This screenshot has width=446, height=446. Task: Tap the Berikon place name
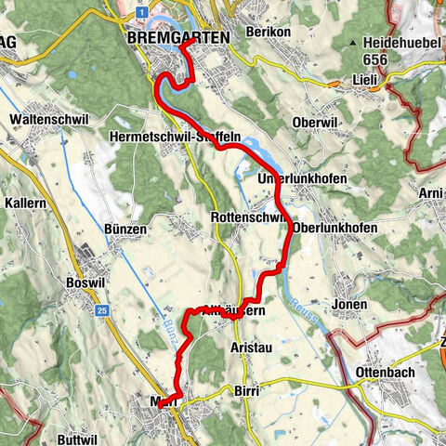click(x=270, y=32)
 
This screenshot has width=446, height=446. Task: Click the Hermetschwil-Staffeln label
click(x=188, y=137)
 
